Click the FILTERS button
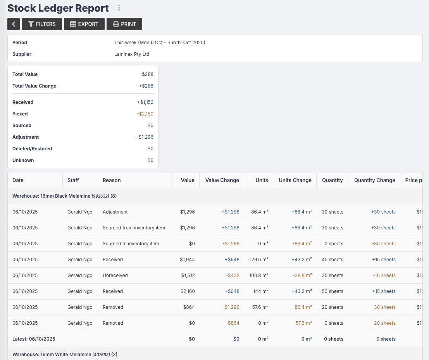coord(42,24)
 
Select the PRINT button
coord(124,24)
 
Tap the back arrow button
coord(14,24)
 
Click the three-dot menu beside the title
coord(119,8)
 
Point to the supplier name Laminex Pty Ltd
coord(132,54)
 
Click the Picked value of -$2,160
coord(145,114)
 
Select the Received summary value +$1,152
coord(145,102)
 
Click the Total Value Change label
coord(34,86)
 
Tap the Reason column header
coord(112,180)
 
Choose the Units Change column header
coord(295,180)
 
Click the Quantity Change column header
coord(374,180)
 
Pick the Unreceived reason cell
coord(115,276)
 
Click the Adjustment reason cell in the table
coord(115,212)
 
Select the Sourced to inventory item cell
coord(131,244)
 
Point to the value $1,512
coord(188,276)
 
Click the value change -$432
coord(233,276)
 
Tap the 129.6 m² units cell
coord(260,260)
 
